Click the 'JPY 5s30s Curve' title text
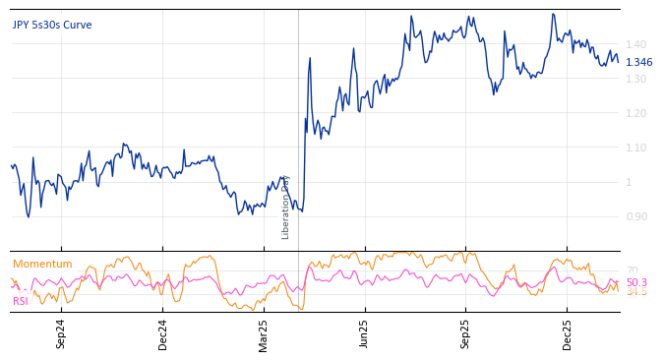(x=51, y=25)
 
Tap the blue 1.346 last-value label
(x=638, y=62)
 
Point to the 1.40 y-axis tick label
(x=635, y=44)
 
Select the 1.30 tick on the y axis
(x=635, y=79)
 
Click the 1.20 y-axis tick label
(x=635, y=113)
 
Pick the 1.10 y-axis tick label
(x=635, y=148)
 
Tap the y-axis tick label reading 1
(x=629, y=182)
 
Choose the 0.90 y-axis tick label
(x=635, y=216)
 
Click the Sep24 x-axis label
(x=61, y=333)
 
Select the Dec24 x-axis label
(x=163, y=333)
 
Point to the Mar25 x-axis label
(x=264, y=333)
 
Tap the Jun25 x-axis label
(x=364, y=333)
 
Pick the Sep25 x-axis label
(x=465, y=333)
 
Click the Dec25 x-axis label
(x=568, y=333)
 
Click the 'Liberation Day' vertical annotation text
(x=286, y=207)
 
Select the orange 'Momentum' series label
(x=42, y=264)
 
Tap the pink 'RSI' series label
(x=21, y=301)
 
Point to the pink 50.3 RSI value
(x=636, y=282)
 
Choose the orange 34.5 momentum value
(x=637, y=292)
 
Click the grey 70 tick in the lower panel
(x=632, y=270)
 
